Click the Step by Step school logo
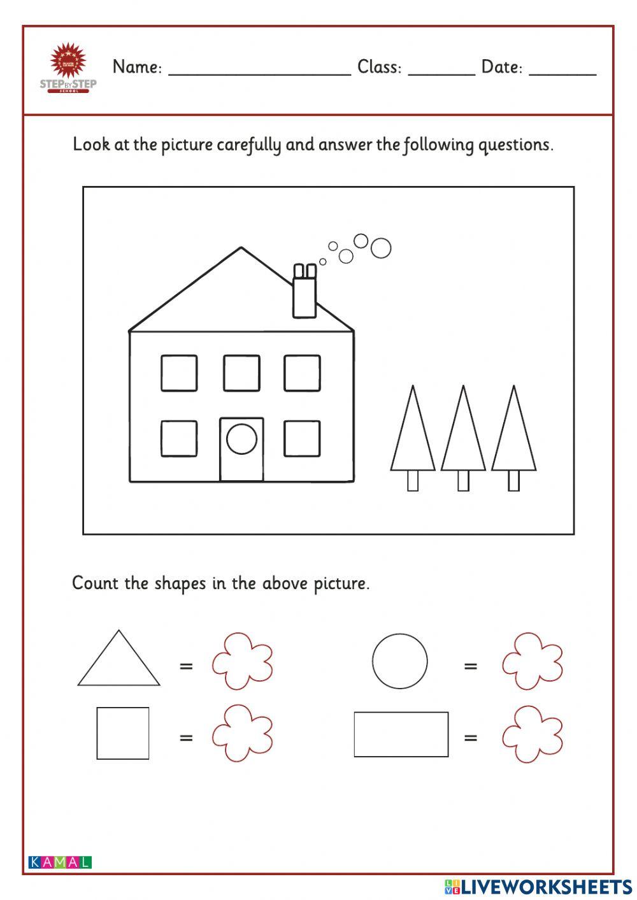68,68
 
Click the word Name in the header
137,67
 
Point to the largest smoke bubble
381,248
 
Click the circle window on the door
241,439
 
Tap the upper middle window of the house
241,373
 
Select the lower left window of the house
179,438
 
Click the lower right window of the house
302,438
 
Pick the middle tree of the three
463,430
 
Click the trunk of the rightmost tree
513,480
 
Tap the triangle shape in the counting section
119,662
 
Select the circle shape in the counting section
400,661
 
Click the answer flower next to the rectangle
533,734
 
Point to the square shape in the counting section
123,733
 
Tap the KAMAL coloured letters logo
60,862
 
